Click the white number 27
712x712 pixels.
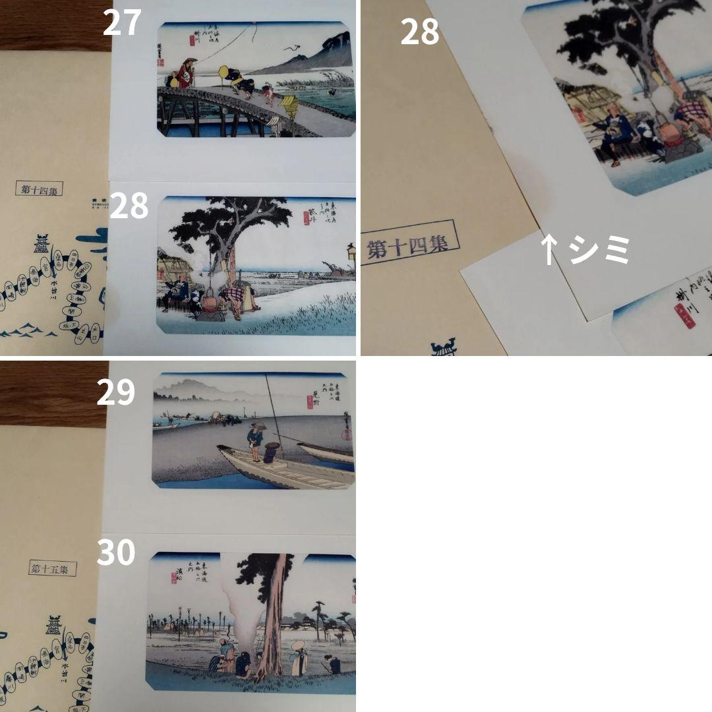pos(122,23)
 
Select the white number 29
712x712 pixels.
pos(116,393)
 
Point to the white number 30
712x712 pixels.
pos(116,552)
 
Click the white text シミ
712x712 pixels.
pos(600,251)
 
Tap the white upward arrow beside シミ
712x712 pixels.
pos(549,251)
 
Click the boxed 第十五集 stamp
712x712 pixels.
pos(53,568)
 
